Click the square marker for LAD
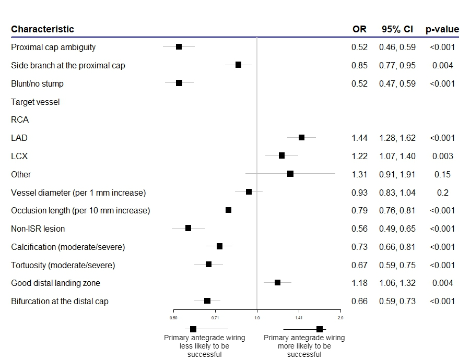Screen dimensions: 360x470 click(x=301, y=137)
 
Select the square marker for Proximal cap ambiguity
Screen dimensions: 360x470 click(x=179, y=46)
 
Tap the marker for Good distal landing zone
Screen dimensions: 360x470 click(x=277, y=282)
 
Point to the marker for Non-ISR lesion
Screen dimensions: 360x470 click(x=188, y=228)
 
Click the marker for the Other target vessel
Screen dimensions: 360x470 click(x=290, y=173)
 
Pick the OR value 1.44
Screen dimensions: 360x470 click(x=359, y=138)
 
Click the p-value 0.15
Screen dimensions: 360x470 click(x=442, y=174)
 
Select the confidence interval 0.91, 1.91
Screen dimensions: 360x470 click(x=397, y=174)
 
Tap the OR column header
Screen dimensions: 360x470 click(x=359, y=29)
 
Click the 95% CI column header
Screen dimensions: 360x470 click(x=397, y=29)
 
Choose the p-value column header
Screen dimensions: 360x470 click(x=442, y=29)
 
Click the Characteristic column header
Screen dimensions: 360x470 click(x=42, y=29)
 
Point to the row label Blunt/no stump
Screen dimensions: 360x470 click(x=37, y=83)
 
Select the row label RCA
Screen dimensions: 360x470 click(x=20, y=120)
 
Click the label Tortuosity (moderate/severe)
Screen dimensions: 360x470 click(x=63, y=265)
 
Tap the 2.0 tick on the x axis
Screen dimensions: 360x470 click(x=340, y=317)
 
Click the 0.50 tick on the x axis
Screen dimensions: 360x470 click(x=173, y=317)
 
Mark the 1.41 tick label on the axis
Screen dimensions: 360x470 click(x=299, y=317)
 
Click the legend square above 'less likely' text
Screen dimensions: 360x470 click(x=193, y=329)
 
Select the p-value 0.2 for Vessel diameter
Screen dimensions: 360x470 click(x=442, y=193)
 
